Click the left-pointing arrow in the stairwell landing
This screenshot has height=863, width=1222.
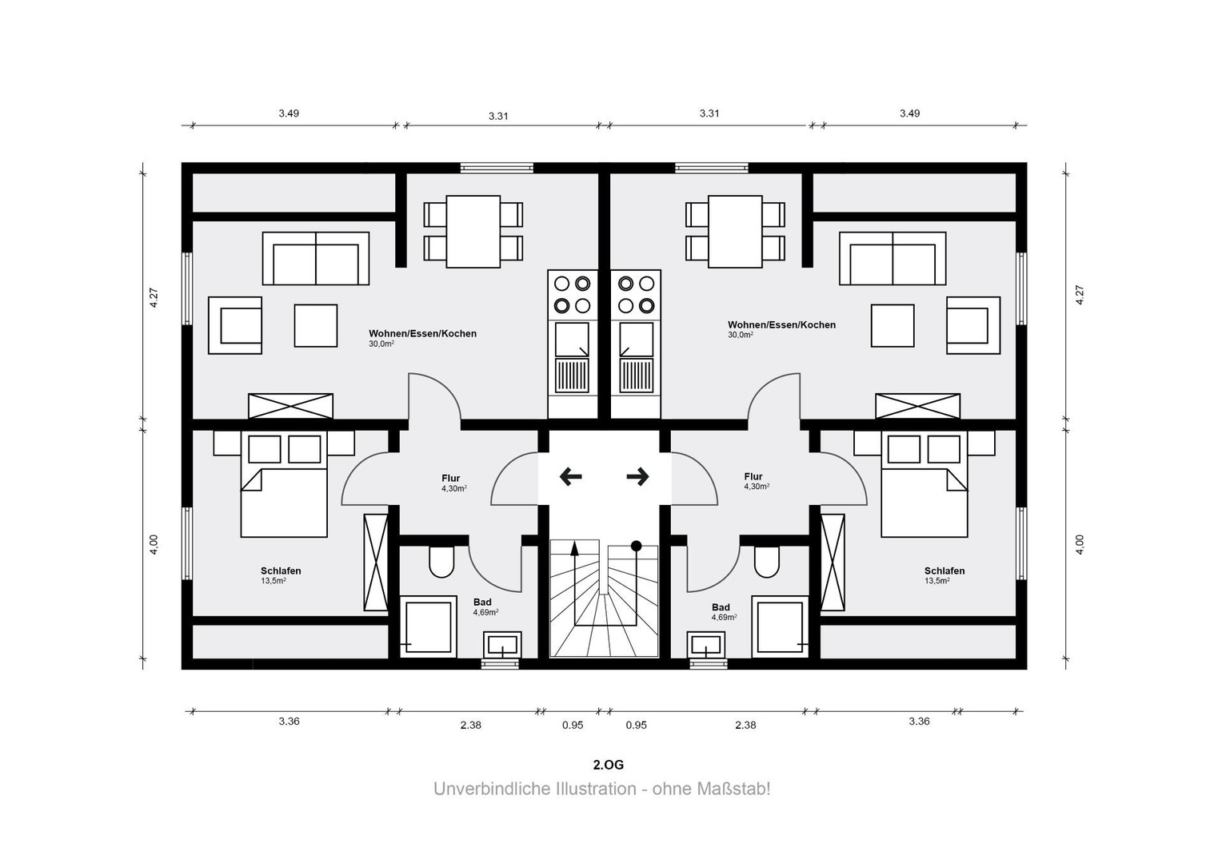[x=571, y=477]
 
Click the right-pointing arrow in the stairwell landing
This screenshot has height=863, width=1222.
[x=637, y=477]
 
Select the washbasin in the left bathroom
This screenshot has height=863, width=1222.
[x=502, y=645]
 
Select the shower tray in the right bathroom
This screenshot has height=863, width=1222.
[x=780, y=627]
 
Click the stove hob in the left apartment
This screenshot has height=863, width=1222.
[x=573, y=295]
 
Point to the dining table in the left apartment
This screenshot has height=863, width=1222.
[x=473, y=232]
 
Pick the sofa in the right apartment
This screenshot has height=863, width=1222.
[x=893, y=258]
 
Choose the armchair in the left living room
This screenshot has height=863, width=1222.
[x=235, y=325]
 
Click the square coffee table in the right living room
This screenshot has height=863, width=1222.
[x=893, y=325]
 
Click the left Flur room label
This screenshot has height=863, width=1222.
[x=450, y=479]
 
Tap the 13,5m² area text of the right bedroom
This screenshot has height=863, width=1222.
[x=936, y=581]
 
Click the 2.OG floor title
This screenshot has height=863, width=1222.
[x=609, y=765]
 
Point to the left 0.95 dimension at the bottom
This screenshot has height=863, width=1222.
[x=573, y=725]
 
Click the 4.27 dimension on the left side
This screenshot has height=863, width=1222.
[x=154, y=298]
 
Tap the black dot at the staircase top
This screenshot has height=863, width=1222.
[x=636, y=545]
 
